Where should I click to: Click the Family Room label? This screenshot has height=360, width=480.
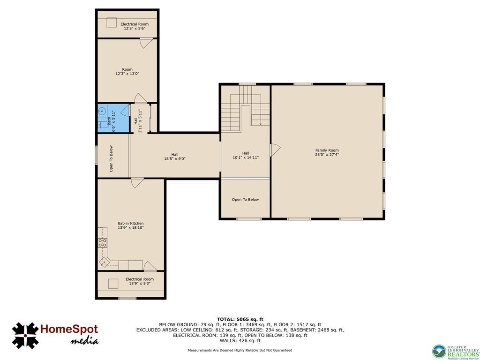(x=327, y=152)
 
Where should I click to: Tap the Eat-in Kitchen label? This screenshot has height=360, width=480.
(x=130, y=225)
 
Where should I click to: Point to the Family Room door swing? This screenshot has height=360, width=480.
(x=275, y=150)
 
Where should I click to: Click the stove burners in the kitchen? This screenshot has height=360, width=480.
(x=102, y=242)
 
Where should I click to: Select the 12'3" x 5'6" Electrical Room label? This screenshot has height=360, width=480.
(x=135, y=26)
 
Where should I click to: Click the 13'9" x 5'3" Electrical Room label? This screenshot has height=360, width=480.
(x=139, y=281)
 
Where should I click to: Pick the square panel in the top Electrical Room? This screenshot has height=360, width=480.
(x=111, y=22)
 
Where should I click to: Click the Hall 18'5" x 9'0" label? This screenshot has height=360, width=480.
(x=174, y=157)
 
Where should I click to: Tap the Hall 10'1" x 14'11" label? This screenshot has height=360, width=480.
(x=246, y=155)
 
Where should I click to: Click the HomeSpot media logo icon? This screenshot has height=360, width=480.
(x=25, y=335)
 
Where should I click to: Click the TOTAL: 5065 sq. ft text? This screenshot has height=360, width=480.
(x=240, y=319)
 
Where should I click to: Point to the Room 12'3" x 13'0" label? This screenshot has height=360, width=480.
(x=127, y=72)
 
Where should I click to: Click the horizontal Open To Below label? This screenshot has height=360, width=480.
(x=245, y=200)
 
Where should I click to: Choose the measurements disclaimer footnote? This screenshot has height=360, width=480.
(x=240, y=350)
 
